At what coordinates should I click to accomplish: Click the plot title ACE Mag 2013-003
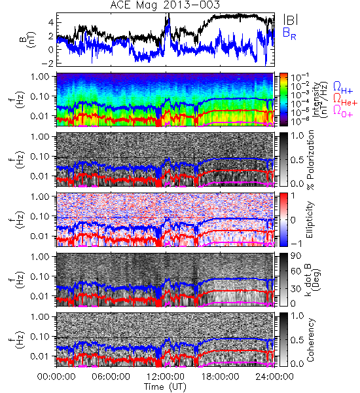(165, 5)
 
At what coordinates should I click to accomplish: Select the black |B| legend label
(291, 20)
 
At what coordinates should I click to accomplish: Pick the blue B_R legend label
(289, 33)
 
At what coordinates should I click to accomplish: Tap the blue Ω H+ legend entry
(343, 88)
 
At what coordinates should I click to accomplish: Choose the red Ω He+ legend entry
(345, 100)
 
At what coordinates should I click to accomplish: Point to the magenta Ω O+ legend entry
(343, 111)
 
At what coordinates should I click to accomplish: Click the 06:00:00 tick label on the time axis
(111, 377)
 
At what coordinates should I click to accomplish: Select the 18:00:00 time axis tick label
(220, 377)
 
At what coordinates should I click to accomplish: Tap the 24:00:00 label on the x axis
(274, 377)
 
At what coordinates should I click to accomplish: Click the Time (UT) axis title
(165, 386)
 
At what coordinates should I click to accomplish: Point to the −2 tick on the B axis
(48, 63)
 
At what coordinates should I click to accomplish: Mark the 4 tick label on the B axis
(51, 22)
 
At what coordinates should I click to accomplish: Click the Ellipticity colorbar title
(310, 219)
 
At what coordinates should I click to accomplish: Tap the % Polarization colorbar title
(310, 160)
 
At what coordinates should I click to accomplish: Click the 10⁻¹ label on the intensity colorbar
(297, 78)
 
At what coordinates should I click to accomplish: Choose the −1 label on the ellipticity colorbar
(296, 244)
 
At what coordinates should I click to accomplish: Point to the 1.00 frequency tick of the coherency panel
(41, 317)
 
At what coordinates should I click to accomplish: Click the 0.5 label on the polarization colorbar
(297, 160)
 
